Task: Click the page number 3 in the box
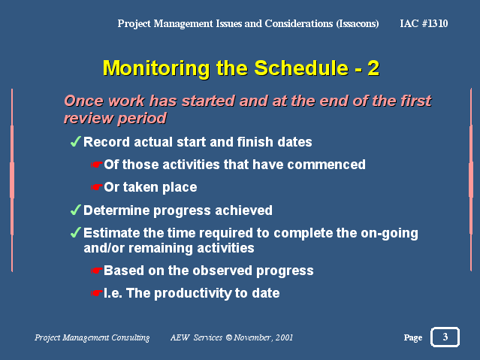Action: click(x=445, y=337)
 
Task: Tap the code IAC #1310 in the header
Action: click(x=424, y=23)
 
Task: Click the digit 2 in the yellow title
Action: click(x=373, y=68)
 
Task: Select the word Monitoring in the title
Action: click(x=156, y=69)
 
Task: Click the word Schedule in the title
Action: click(x=301, y=68)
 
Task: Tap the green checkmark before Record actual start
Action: click(x=75, y=141)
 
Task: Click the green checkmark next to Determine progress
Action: click(x=75, y=210)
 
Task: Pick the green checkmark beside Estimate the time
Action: click(x=75, y=232)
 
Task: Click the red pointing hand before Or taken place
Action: click(x=96, y=187)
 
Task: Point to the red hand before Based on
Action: click(x=96, y=271)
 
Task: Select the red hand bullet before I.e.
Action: click(x=96, y=293)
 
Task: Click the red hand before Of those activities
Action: click(x=96, y=165)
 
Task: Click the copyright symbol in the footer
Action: click(x=229, y=337)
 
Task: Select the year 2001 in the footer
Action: click(x=284, y=337)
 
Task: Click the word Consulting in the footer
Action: click(x=131, y=337)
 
